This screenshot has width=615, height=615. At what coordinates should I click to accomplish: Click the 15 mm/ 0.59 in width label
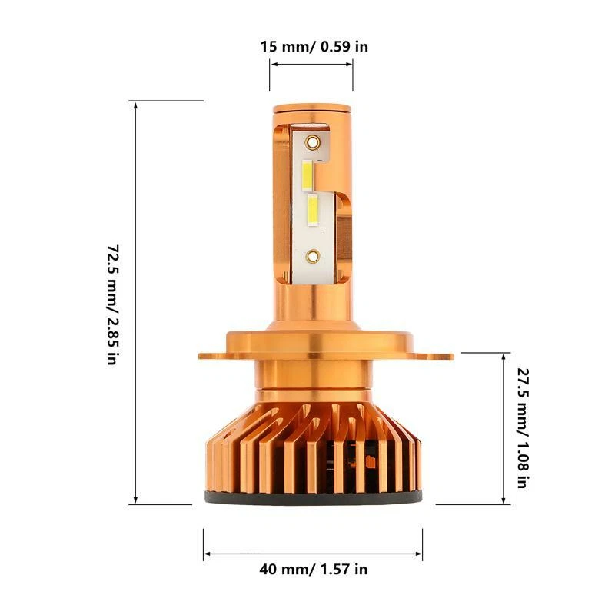tap(313, 46)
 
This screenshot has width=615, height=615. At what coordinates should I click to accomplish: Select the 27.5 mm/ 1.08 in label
tap(521, 429)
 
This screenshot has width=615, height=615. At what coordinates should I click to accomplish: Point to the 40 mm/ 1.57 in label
tap(313, 570)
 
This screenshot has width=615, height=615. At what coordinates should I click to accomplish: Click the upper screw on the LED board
tap(312, 142)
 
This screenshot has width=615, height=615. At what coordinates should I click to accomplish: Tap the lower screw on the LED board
tap(312, 255)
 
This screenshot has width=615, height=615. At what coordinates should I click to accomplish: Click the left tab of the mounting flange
tap(211, 356)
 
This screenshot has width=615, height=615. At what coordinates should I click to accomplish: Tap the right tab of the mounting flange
tap(440, 355)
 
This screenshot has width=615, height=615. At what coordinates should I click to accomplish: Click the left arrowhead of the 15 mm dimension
tap(273, 66)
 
